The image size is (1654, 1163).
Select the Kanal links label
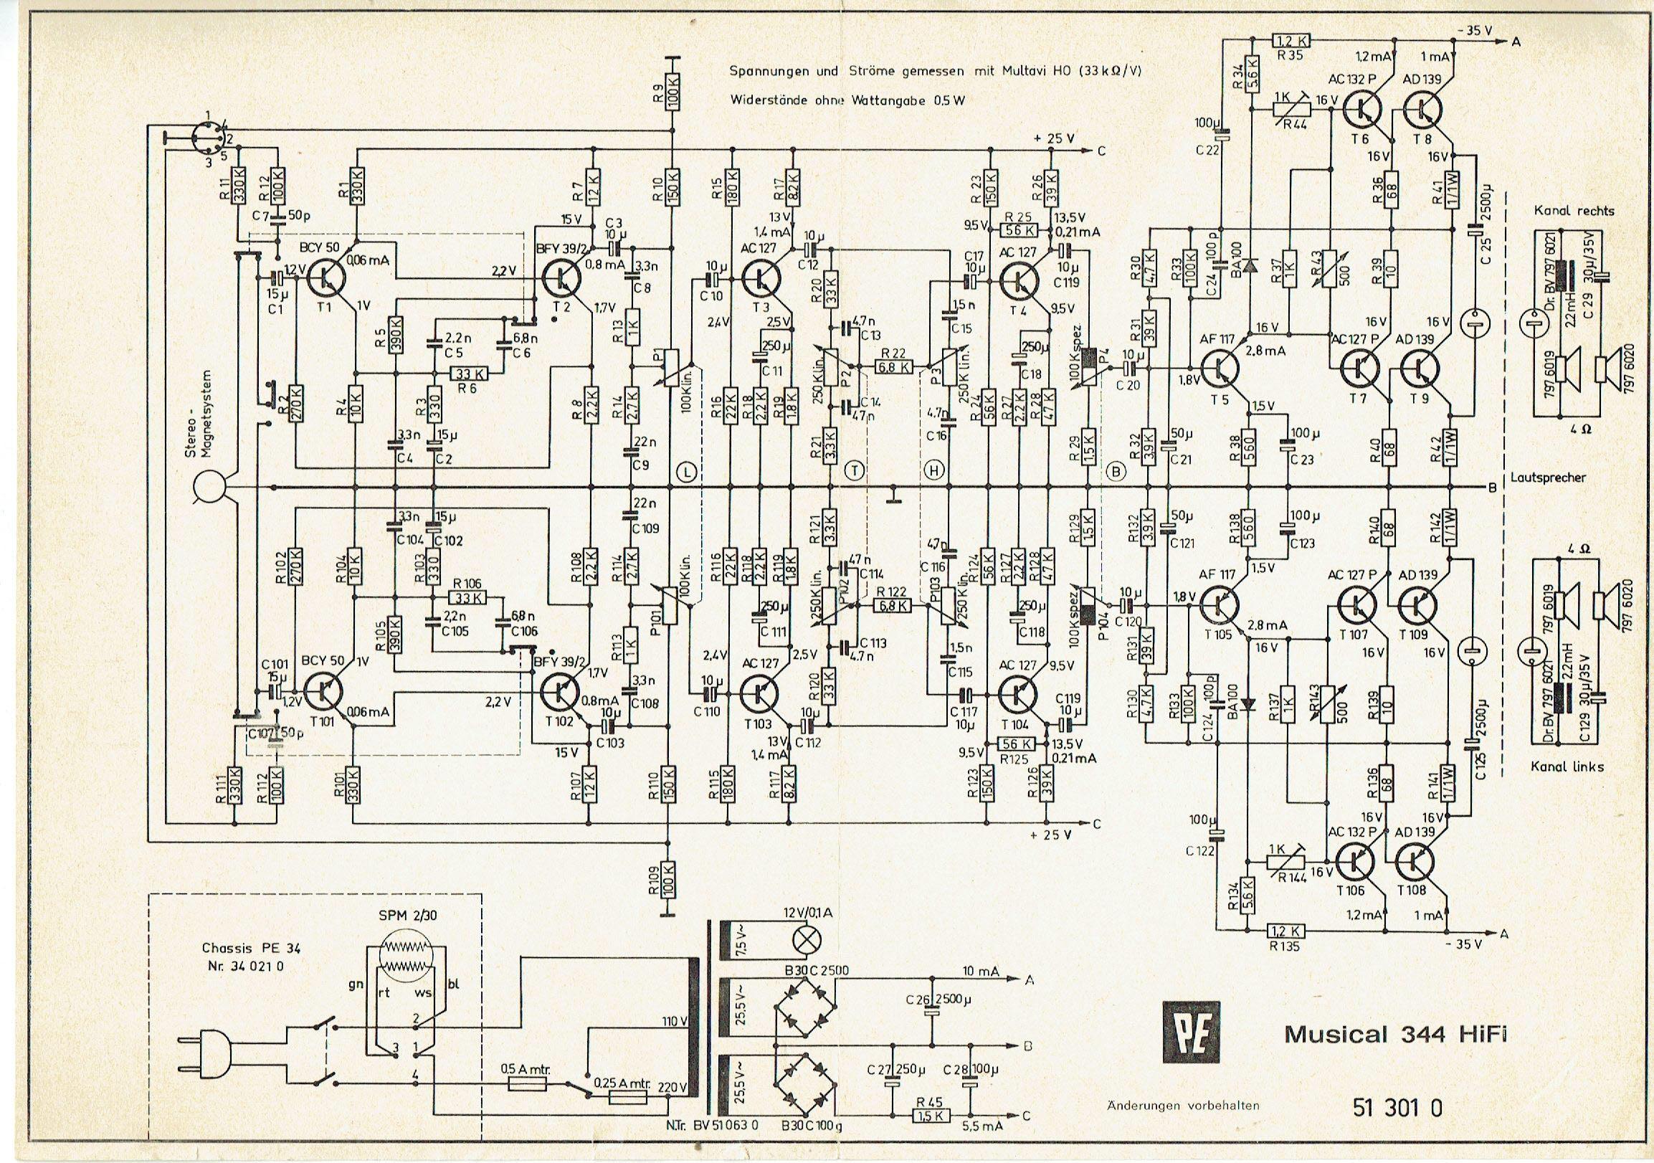1567,766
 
